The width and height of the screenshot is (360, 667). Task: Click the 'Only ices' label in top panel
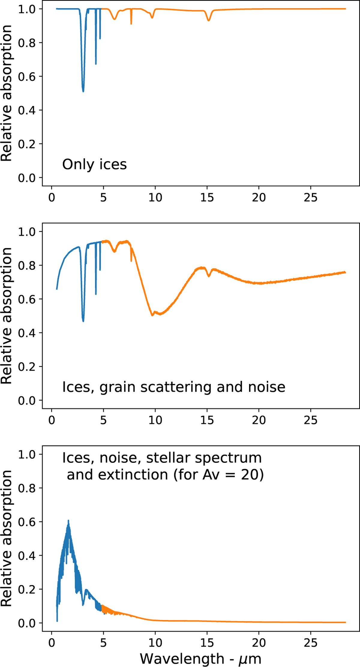(94, 164)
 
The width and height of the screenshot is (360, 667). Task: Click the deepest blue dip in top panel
(83, 91)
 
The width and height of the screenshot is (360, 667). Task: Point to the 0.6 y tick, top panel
(27, 77)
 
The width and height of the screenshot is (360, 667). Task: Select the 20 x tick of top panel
(259, 198)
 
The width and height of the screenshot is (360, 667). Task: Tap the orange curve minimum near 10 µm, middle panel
(152, 315)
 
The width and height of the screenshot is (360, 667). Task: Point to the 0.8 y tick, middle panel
(27, 265)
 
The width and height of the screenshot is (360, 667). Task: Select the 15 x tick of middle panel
(207, 420)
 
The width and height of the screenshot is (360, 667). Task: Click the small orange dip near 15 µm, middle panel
(209, 276)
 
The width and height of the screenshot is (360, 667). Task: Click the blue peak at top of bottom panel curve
(68, 521)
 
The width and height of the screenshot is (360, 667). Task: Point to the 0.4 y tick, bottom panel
(27, 556)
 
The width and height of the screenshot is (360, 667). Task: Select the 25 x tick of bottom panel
(310, 643)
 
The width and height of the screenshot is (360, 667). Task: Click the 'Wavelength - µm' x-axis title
(200, 659)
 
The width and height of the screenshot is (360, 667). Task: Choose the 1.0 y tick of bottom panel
(27, 454)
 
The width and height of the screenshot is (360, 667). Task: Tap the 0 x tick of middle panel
(52, 420)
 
